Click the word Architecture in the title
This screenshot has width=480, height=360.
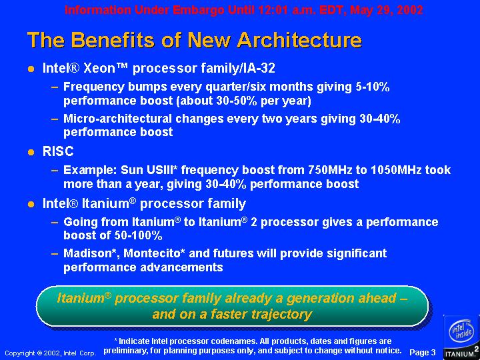299,40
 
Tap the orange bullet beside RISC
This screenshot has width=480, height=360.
31,152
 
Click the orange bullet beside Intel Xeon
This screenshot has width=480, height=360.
31,69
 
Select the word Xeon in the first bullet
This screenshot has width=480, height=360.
99,68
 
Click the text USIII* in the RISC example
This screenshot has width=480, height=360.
159,170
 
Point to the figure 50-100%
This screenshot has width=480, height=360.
138,235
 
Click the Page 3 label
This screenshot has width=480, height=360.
423,352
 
